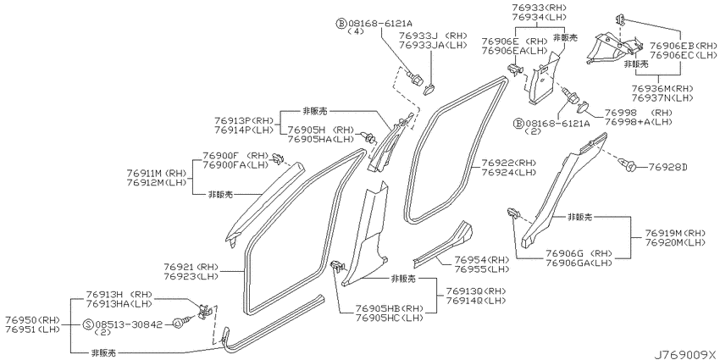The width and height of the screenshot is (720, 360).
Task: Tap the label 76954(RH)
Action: click(x=483, y=260)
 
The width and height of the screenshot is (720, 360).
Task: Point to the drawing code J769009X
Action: click(x=684, y=354)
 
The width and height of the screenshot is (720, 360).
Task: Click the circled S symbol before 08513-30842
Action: click(x=89, y=324)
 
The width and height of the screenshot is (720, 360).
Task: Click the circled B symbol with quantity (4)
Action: click(x=341, y=23)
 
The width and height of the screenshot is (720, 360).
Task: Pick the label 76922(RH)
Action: click(x=509, y=163)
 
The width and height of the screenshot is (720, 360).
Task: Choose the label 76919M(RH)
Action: click(x=675, y=233)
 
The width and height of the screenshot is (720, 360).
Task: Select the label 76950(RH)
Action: click(x=32, y=319)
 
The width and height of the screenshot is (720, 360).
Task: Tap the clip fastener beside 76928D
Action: click(x=626, y=164)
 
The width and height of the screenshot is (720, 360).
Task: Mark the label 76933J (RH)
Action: click(x=433, y=36)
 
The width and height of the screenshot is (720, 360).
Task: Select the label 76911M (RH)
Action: click(x=157, y=173)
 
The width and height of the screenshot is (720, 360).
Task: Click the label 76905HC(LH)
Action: click(x=389, y=318)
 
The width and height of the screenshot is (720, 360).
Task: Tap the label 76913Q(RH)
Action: click(x=476, y=291)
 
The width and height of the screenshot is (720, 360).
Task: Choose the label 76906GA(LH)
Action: click(x=579, y=263)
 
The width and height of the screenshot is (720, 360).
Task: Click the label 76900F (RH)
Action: click(x=235, y=156)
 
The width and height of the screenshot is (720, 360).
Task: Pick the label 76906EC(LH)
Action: click(x=684, y=55)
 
